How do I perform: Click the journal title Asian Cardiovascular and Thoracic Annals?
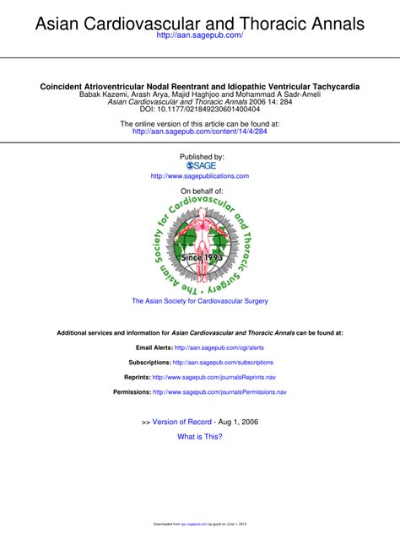(x=200, y=23)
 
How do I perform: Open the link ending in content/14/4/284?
(x=200, y=132)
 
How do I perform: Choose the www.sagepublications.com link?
(x=200, y=176)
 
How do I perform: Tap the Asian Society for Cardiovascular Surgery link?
(x=200, y=301)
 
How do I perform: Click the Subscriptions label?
(x=149, y=362)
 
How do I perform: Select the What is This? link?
(x=200, y=437)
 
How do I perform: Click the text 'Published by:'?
(x=202, y=156)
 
